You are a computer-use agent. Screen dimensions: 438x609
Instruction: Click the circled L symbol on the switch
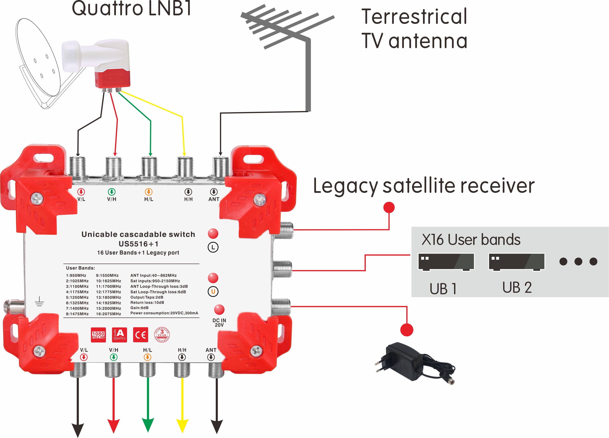(x=213, y=247)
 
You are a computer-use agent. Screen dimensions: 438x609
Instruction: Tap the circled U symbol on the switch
(x=213, y=291)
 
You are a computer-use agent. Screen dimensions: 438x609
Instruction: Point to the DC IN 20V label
(x=219, y=323)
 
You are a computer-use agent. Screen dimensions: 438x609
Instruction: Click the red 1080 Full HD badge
(x=98, y=335)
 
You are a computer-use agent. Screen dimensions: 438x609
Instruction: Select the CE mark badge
(x=140, y=335)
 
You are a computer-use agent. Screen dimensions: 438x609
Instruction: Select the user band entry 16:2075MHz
(x=109, y=314)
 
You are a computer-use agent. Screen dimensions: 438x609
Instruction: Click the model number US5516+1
(x=138, y=244)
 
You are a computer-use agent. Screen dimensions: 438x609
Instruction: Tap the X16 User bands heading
(x=471, y=240)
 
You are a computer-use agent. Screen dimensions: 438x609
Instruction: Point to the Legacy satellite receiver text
(x=424, y=186)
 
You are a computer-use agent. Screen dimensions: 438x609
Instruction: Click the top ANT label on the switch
(x=214, y=199)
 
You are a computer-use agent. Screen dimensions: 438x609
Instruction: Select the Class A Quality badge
(x=119, y=335)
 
